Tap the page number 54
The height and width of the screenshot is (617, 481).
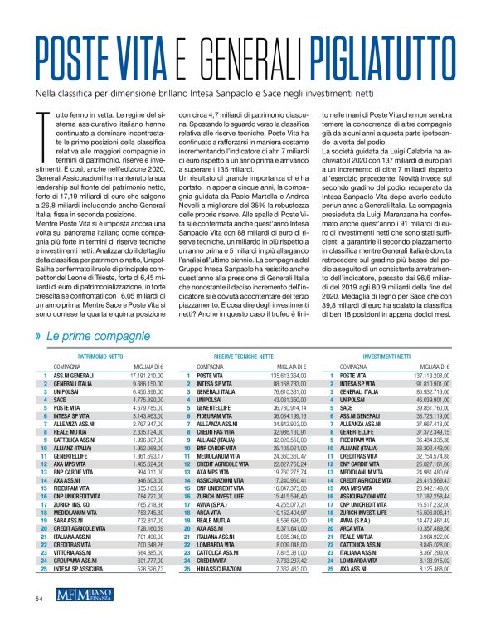[39, 597]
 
